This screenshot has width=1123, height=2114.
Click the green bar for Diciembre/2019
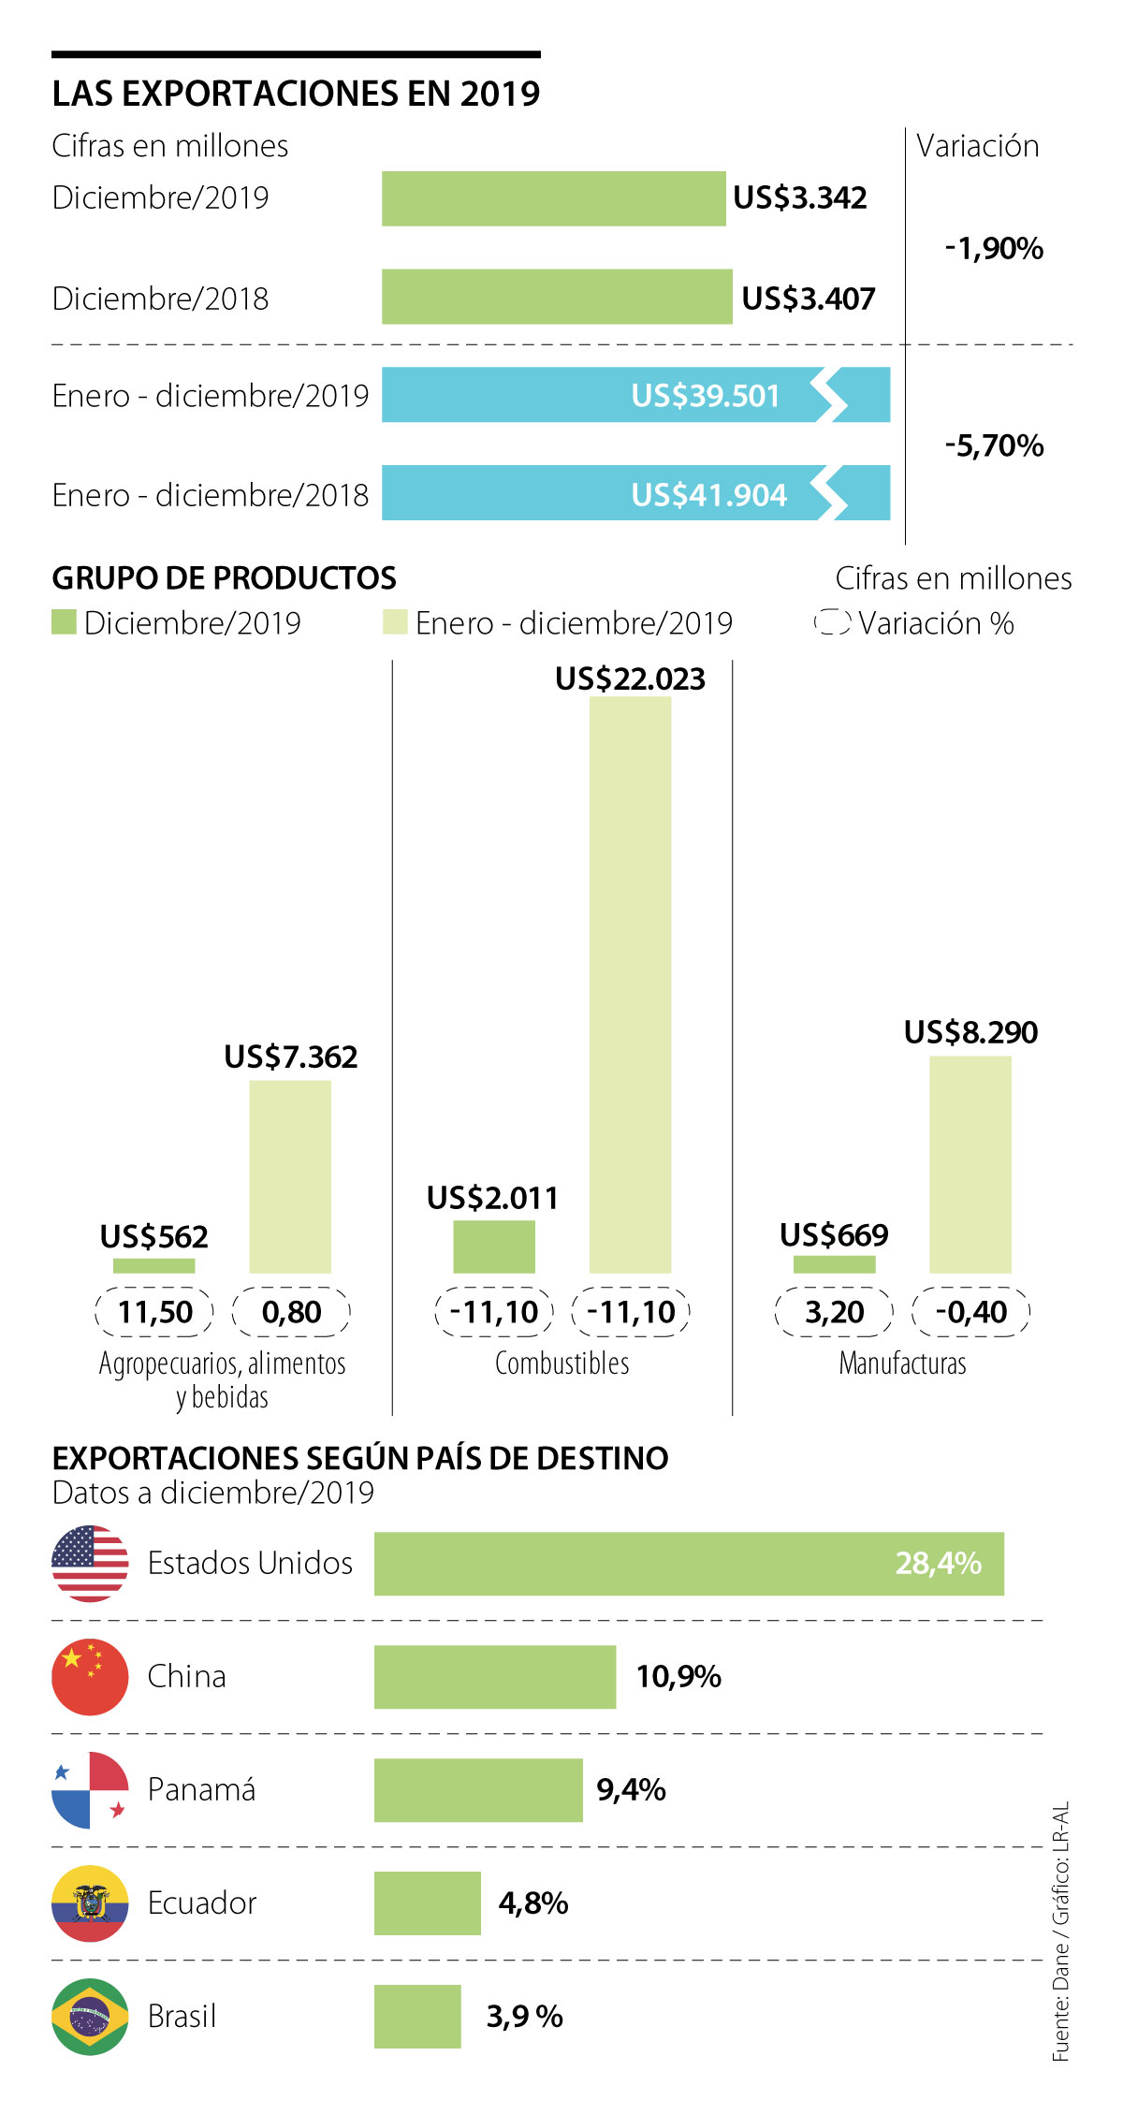click(553, 198)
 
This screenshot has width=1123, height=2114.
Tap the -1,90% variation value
click(994, 249)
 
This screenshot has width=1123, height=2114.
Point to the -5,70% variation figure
click(994, 445)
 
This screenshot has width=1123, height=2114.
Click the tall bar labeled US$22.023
click(630, 983)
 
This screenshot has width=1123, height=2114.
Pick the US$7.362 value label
click(290, 1057)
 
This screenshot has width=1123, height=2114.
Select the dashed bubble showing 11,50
click(154, 1312)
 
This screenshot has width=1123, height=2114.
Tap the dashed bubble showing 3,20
click(834, 1312)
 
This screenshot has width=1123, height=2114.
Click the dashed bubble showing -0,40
click(970, 1312)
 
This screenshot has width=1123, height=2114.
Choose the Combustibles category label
click(561, 1363)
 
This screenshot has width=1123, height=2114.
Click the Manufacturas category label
click(902, 1363)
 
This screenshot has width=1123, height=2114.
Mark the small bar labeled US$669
click(834, 1264)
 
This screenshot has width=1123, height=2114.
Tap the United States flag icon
click(90, 1563)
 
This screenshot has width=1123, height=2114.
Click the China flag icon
click(90, 1676)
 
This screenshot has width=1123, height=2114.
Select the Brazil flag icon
click(90, 2016)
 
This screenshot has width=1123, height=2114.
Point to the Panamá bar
click(478, 1789)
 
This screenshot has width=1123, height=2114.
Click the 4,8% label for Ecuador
click(533, 1903)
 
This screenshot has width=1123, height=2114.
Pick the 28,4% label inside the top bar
click(938, 1563)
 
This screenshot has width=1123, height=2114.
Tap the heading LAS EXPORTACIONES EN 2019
click(296, 94)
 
